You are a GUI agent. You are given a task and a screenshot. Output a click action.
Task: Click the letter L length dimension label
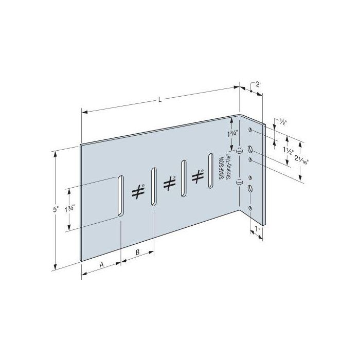[x=160, y=100]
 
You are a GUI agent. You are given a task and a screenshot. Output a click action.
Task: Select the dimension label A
[x=101, y=264]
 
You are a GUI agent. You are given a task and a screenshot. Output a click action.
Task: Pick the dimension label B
[x=138, y=252]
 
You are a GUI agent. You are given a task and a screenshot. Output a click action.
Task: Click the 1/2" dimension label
[x=283, y=122]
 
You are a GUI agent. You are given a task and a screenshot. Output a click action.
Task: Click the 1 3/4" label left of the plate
[x=70, y=209]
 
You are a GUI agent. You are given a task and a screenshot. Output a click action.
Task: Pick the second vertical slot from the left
[x=153, y=186]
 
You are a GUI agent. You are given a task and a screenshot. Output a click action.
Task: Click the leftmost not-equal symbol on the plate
[x=137, y=191]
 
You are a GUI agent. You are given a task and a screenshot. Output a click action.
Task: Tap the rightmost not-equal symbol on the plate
[x=196, y=176]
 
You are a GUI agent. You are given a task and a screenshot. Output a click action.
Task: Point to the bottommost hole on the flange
[x=250, y=208]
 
